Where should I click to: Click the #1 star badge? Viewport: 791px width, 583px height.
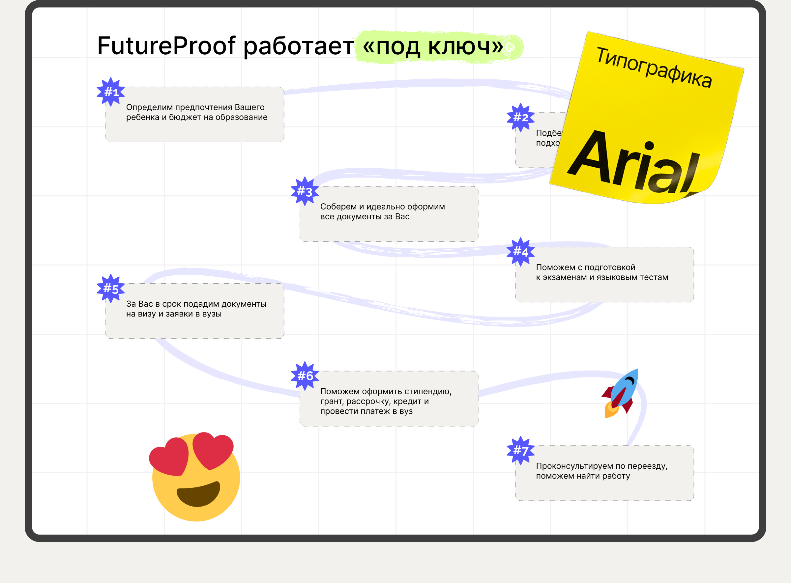click(110, 92)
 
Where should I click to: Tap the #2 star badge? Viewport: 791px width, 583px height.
click(520, 118)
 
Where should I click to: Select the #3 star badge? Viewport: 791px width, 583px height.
click(305, 191)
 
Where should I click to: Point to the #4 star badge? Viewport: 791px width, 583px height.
click(520, 252)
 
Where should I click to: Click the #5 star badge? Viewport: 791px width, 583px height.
click(110, 288)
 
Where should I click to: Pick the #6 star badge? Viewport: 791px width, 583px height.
click(305, 376)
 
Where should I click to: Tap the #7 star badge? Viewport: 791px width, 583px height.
click(520, 450)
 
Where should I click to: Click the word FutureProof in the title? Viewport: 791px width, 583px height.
click(166, 46)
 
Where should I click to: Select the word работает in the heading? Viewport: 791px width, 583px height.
click(298, 46)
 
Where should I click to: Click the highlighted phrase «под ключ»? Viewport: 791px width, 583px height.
click(432, 46)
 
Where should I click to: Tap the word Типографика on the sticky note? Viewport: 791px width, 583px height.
click(653, 67)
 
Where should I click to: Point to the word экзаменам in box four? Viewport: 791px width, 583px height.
click(568, 277)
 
